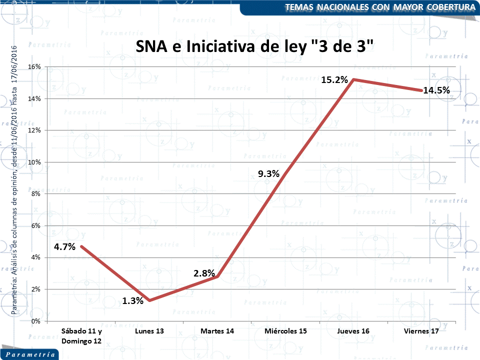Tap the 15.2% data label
pos(334,79)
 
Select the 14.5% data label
pos(436,90)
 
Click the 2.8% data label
pos(204,273)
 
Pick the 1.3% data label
pos(133,301)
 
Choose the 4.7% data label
pos(65,246)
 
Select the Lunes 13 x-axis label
pos(149,331)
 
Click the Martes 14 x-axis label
pos(217,331)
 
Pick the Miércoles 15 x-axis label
pos(285,331)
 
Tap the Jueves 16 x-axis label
pos(353,331)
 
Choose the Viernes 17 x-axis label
pos(421,331)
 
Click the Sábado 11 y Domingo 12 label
pos(81,336)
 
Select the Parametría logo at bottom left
pos(30,354)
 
